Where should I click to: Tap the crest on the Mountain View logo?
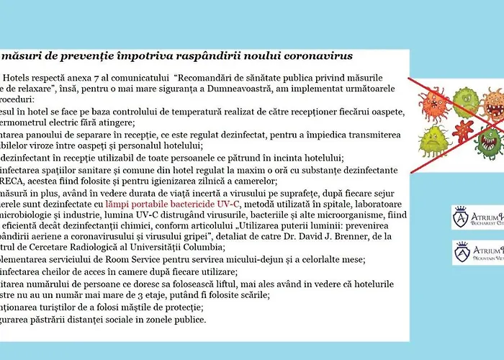pyautogui.click(x=462, y=252)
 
